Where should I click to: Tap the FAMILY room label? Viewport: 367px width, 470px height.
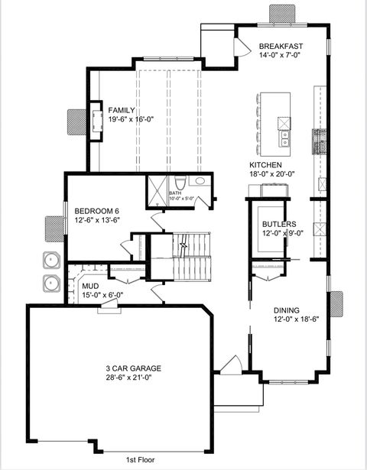tap(122, 109)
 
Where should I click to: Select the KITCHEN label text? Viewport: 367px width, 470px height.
tap(265, 165)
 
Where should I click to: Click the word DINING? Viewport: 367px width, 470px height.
tap(287, 310)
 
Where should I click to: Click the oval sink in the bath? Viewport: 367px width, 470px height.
tap(200, 182)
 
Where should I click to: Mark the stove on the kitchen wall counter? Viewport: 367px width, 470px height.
tap(319, 141)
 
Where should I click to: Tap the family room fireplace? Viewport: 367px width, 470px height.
tap(97, 121)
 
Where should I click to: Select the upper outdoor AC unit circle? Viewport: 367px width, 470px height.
tap(51, 259)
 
